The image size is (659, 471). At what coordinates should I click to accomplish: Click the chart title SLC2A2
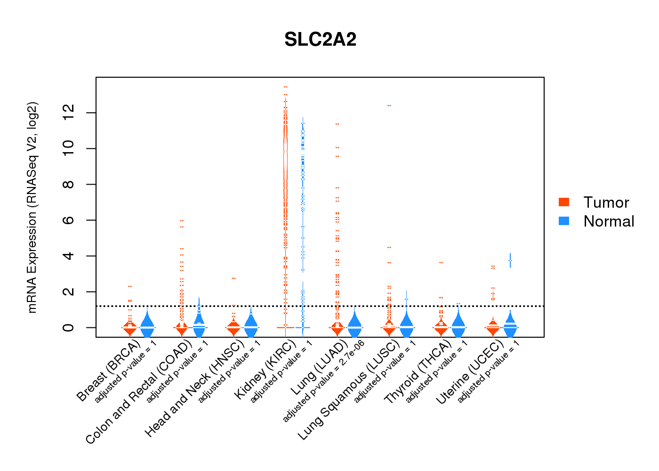(x=320, y=40)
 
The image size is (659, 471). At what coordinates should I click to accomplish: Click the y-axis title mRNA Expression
(x=32, y=207)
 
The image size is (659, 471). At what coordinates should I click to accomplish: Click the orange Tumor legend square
(x=564, y=202)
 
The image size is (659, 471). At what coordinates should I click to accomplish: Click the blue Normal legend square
(x=564, y=221)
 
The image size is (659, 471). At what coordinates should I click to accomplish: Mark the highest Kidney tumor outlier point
(x=285, y=87)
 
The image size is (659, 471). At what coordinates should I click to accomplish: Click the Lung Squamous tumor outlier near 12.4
(x=389, y=106)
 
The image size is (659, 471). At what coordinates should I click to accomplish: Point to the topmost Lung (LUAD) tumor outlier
(x=337, y=124)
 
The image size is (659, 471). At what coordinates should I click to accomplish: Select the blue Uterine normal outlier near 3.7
(x=510, y=260)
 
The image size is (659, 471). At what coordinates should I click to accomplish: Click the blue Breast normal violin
(x=147, y=325)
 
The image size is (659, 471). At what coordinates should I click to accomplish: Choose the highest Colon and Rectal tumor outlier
(x=182, y=220)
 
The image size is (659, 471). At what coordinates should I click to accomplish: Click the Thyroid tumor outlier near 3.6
(x=441, y=262)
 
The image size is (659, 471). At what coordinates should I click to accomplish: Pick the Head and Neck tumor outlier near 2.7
(x=233, y=278)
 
